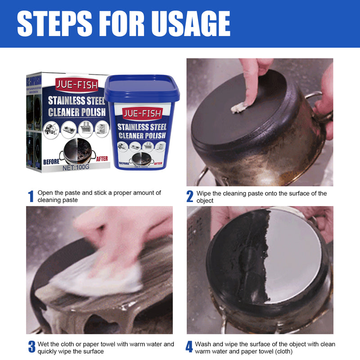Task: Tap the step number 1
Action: point(31,197)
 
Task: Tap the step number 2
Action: point(190,197)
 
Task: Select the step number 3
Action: point(31,347)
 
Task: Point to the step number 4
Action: point(189,347)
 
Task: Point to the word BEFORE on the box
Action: point(51,161)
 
